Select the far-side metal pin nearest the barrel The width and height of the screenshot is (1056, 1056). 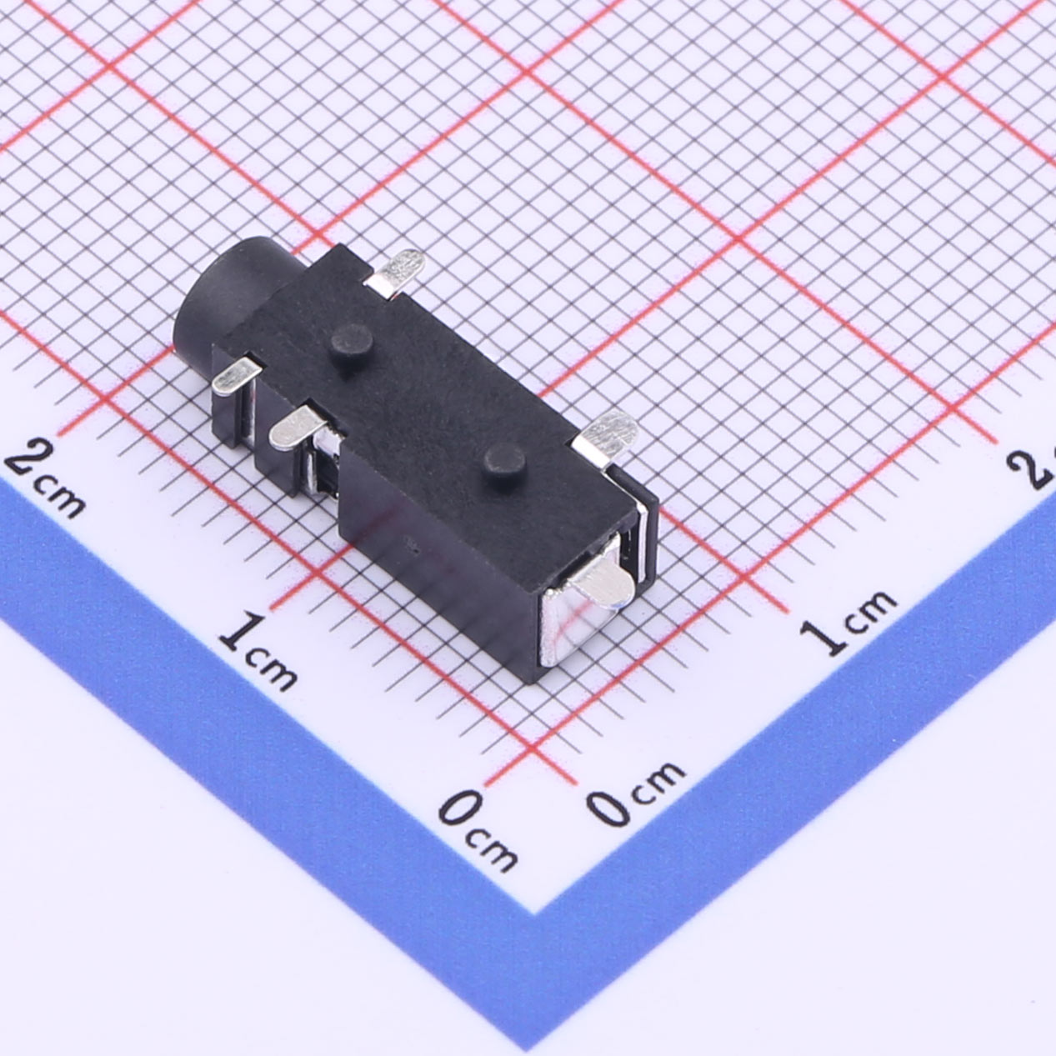coord(396,274)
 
